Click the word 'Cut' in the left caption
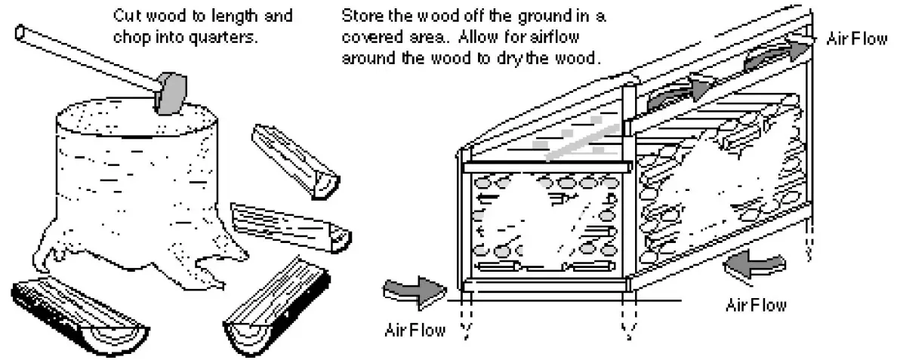[125, 16]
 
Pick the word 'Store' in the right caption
[358, 16]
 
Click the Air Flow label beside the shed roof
[857, 38]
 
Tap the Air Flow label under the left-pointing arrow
[756, 305]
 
